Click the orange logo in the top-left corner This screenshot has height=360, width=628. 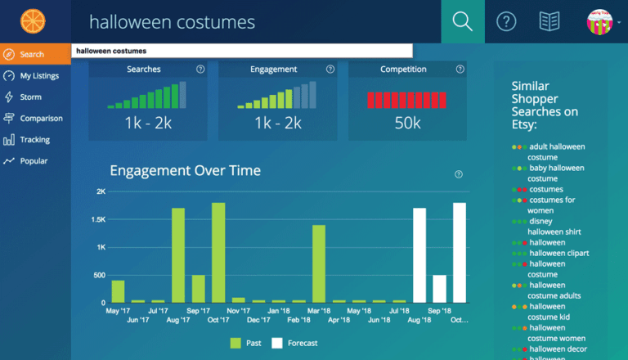pos(34,21)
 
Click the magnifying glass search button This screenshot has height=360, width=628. pos(462,21)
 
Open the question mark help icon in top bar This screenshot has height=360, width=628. pos(506,21)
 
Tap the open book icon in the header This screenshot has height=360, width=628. pos(549,21)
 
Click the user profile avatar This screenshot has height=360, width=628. pos(599,21)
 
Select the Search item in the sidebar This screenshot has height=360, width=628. pos(33,55)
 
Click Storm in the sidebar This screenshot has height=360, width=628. pos(30,97)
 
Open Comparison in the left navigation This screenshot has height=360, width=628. pos(41,119)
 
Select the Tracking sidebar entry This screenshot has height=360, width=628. pos(34,140)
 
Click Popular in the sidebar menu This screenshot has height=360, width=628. pos(34,161)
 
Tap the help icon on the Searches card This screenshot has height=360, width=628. pos(200,70)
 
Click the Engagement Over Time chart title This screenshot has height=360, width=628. pos(186,171)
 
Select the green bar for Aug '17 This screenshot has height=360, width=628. pos(178,255)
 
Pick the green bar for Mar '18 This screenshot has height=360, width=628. pos(319,263)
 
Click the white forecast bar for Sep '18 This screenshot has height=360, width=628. pos(439,288)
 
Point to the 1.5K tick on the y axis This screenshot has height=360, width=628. pos(98,219)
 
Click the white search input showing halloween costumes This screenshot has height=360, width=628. pos(242,51)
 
